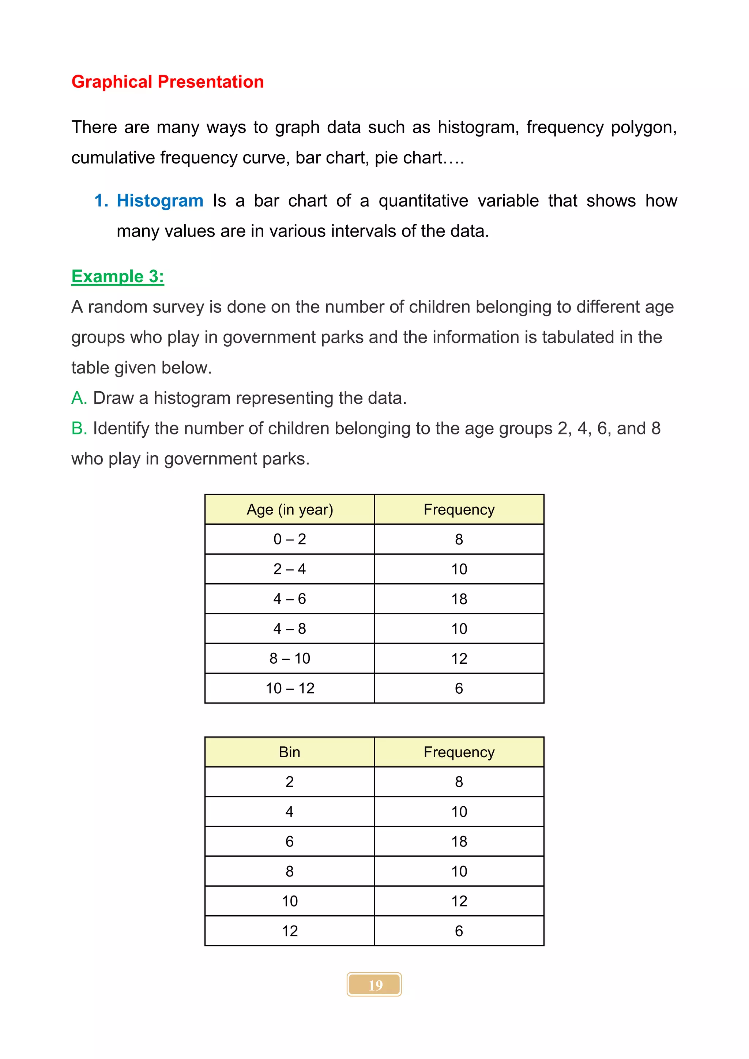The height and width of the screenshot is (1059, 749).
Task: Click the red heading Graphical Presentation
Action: tap(168, 82)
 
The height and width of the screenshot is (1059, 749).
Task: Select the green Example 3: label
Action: tap(118, 276)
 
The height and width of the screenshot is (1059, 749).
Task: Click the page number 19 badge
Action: tap(374, 985)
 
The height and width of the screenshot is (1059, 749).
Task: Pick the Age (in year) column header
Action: tap(290, 510)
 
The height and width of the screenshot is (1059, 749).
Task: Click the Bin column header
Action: tap(290, 752)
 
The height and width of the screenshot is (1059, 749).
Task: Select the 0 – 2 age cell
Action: tap(290, 539)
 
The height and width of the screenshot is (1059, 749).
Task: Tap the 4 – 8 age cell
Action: tap(290, 629)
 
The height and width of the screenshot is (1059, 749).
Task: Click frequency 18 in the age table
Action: tap(459, 599)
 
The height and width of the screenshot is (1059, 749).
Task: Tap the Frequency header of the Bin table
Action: tap(459, 752)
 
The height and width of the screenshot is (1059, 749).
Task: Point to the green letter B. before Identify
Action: tap(79, 429)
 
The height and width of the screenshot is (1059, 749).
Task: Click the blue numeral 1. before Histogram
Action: tap(101, 201)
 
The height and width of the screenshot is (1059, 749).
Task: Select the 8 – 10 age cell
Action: tap(290, 659)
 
